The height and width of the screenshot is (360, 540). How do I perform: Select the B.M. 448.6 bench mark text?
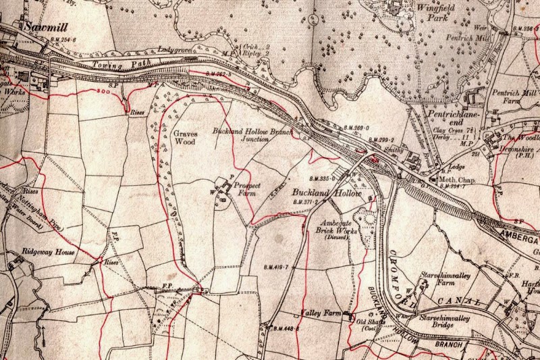coord(286,329)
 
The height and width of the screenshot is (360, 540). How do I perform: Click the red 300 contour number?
coord(103,91)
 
